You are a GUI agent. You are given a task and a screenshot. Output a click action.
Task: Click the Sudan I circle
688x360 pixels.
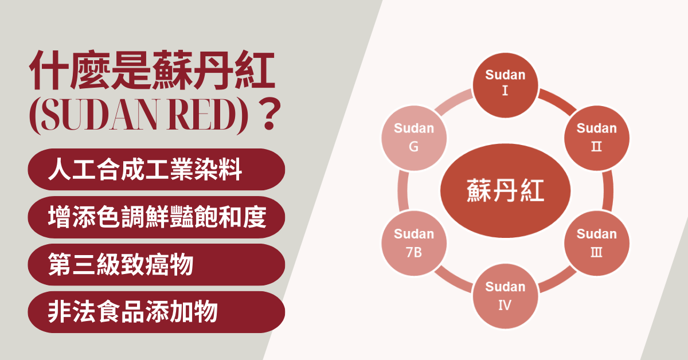[505, 85]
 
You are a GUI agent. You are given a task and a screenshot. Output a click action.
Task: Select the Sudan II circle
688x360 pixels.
[596, 138]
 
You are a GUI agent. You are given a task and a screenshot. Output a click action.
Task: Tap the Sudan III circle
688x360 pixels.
[596, 243]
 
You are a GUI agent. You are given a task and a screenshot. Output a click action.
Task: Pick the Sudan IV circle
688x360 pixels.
[505, 296]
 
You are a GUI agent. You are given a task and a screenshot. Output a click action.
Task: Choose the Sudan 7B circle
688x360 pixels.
[414, 243]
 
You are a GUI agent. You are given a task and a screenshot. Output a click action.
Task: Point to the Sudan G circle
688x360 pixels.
[414, 138]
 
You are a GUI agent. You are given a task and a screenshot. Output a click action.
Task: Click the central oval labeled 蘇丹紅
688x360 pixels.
[505, 190]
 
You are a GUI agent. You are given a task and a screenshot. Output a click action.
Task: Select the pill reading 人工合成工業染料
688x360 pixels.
[157, 169]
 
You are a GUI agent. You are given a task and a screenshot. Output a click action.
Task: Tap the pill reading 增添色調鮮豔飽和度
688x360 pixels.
[157, 217]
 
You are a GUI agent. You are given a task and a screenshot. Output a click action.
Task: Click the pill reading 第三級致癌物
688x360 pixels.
[157, 264]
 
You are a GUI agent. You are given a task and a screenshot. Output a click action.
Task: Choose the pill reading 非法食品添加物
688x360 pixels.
[157, 312]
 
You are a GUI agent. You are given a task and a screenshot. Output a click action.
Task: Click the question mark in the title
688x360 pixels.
[269, 114]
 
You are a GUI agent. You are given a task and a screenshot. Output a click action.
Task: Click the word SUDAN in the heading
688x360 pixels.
[99, 114]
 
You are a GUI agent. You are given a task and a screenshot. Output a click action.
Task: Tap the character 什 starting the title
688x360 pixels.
[48, 70]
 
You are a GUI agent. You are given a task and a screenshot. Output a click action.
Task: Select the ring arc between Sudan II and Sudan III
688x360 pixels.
[608, 190]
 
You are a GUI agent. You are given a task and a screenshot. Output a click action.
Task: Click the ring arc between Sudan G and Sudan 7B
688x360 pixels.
[402, 190]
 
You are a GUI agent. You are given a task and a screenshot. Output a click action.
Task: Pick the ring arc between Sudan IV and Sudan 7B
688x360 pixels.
[453, 280]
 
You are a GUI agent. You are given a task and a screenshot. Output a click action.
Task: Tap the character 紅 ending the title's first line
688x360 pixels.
[255, 70]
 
